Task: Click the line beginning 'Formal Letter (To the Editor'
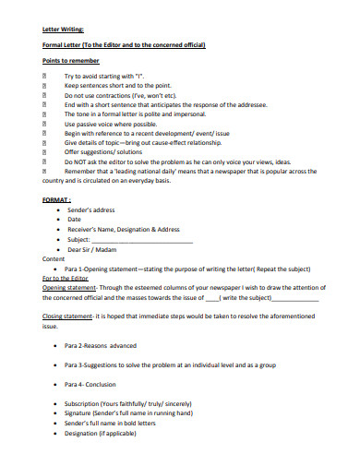[x=124, y=44]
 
